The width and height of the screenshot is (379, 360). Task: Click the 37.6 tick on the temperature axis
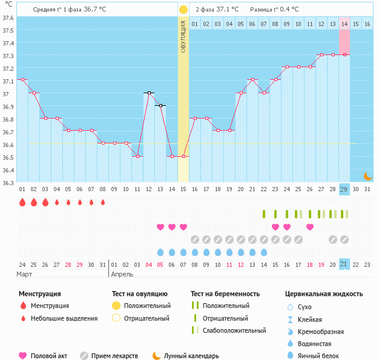pos(8,17)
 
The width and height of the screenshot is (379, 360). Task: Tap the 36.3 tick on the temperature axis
pos(8,183)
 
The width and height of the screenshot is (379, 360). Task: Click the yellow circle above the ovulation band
pos(183,10)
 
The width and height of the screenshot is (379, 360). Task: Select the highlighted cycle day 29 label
pos(344,189)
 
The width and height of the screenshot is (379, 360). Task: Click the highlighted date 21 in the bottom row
pos(344,264)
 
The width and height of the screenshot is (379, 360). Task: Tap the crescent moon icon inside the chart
pos(367,175)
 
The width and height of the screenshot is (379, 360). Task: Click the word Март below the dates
pos(24,274)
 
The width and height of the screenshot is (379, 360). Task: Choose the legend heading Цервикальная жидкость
pos(324,294)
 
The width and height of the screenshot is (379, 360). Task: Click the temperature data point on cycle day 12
pos(149,93)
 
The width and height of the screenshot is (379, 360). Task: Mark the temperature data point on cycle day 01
pos(22,80)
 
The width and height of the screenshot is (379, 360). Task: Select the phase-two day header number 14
pos(344,24)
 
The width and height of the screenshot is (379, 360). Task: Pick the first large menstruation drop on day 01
pos(22,202)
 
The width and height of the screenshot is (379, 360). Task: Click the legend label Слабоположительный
pos(235,330)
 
